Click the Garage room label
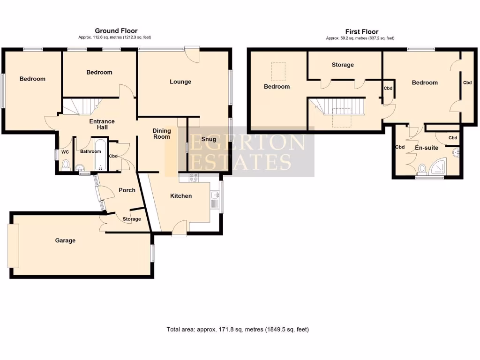65,240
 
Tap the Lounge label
180,82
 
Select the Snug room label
209,139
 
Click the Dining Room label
162,134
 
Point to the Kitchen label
180,196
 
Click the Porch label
127,190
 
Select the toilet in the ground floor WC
66,165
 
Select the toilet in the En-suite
422,169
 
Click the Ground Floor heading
116,31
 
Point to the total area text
238,330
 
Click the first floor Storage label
343,65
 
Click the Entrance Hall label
102,124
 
